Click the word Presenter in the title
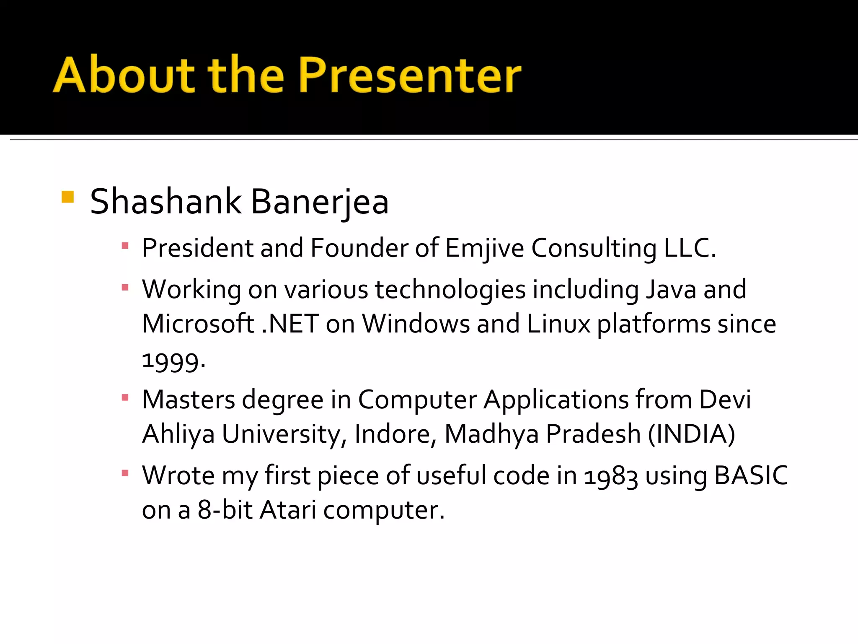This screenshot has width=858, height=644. [409, 75]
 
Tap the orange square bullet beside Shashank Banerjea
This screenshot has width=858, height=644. [67, 197]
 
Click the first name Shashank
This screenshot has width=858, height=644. [165, 202]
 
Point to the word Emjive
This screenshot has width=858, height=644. [484, 248]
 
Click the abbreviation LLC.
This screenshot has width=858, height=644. [690, 248]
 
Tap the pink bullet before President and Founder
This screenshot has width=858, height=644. [125, 246]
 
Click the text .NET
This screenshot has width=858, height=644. [290, 324]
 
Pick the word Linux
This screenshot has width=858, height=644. [558, 324]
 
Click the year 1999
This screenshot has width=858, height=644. [173, 361]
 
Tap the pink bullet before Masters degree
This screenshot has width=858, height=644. [125, 397]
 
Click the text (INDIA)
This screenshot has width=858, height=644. [691, 434]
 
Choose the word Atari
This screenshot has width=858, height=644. [288, 510]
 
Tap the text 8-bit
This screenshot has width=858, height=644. [225, 510]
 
